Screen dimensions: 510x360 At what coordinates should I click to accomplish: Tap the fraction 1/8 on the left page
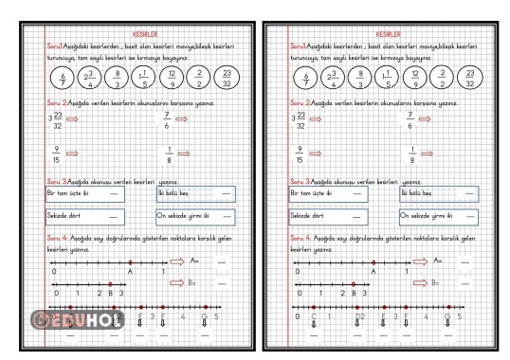(x=169, y=154)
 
